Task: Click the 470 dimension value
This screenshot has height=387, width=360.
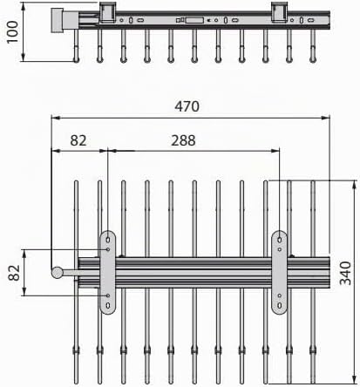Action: pyautogui.click(x=187, y=106)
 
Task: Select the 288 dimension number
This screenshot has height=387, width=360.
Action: pyautogui.click(x=183, y=140)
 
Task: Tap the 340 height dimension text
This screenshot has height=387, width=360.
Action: pyautogui.click(x=345, y=274)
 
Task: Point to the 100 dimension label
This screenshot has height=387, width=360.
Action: pyautogui.click(x=12, y=32)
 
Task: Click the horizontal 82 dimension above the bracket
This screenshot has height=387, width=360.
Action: pyautogui.click(x=78, y=140)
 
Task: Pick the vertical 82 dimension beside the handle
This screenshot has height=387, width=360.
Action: pyautogui.click(x=14, y=273)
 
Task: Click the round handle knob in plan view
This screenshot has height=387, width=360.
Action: pyautogui.click(x=57, y=273)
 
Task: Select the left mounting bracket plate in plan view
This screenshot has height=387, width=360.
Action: pyautogui.click(x=108, y=273)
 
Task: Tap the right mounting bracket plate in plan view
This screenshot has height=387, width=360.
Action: pyautogui.click(x=279, y=273)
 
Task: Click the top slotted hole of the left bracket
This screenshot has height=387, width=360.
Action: pyautogui.click(x=108, y=240)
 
